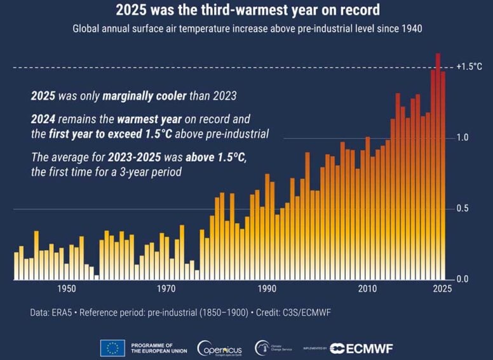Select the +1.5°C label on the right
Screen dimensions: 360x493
coord(469,67)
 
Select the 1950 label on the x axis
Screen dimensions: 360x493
coord(66,289)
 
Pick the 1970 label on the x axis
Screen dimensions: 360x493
coord(166,289)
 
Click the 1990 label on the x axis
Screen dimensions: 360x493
coord(266,289)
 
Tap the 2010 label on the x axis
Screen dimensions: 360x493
coord(367,289)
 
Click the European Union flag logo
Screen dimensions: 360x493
coord(112,348)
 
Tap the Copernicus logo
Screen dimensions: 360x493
coord(219,348)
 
